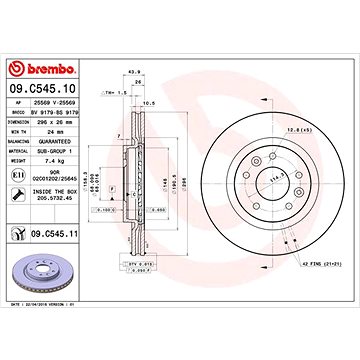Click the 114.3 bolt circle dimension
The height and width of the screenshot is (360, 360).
click(241, 177)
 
